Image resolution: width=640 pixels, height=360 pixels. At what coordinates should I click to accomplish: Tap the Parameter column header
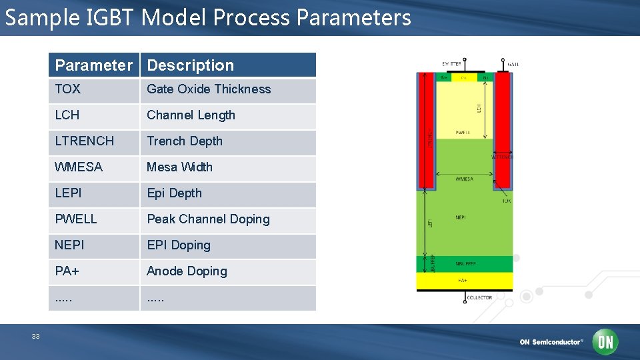click(94, 65)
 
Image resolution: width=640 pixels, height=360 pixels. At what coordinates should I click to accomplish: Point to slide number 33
click(35, 337)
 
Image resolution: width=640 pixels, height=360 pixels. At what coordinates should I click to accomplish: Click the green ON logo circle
click(605, 342)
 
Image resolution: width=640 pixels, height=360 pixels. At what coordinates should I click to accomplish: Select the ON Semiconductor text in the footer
click(551, 342)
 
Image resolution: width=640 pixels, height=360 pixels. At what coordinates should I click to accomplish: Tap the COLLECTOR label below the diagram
click(479, 297)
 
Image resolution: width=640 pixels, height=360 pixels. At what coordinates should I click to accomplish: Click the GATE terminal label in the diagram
click(513, 64)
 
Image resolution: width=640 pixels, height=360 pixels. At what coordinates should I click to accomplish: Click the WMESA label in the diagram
click(464, 179)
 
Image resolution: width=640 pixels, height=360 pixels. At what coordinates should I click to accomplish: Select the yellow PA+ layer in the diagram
click(464, 281)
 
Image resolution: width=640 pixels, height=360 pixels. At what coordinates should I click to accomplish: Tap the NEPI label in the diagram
click(461, 217)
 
